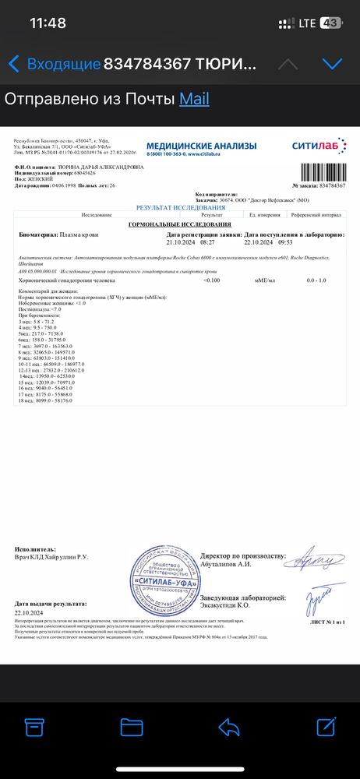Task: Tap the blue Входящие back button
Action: pos(55,64)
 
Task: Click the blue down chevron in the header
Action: pos(333,63)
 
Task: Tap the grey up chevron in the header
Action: pos(288,63)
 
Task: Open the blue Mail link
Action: pos(194,99)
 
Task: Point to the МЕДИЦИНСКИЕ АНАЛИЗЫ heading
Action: pos(199,145)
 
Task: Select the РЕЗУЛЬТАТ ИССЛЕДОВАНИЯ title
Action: pos(180,208)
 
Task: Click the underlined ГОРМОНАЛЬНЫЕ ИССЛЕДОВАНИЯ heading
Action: pos(180,224)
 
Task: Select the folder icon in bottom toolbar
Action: pos(132,728)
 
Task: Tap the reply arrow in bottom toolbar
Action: pos(229,728)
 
